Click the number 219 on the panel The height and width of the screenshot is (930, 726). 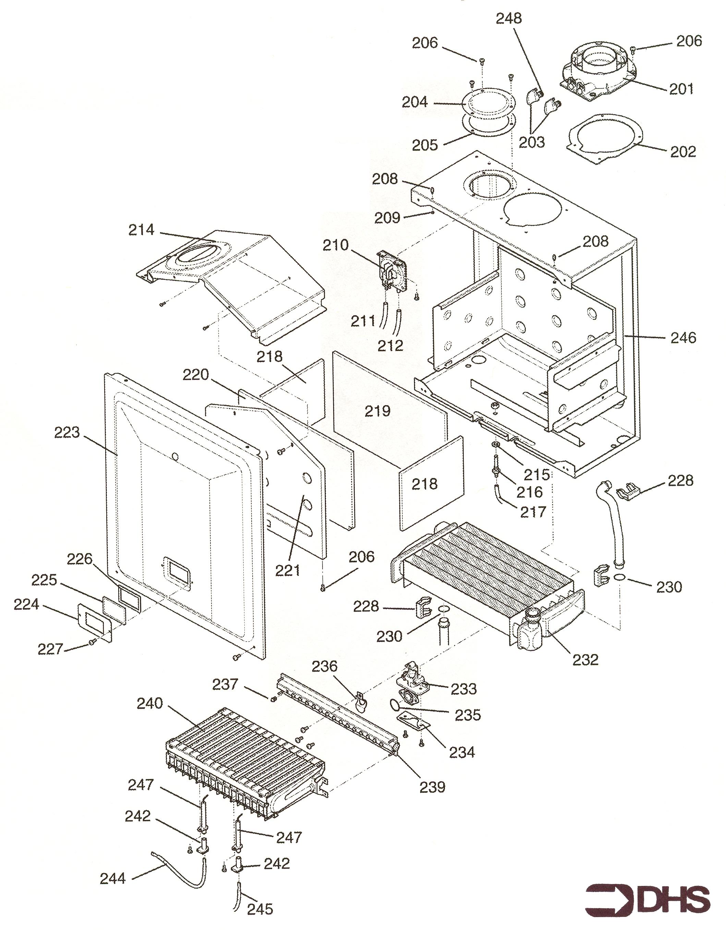pyautogui.click(x=377, y=411)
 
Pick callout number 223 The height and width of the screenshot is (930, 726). pyautogui.click(x=67, y=433)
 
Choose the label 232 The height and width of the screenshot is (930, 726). pyautogui.click(x=585, y=660)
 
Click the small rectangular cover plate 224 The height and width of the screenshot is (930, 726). pyautogui.click(x=95, y=622)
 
